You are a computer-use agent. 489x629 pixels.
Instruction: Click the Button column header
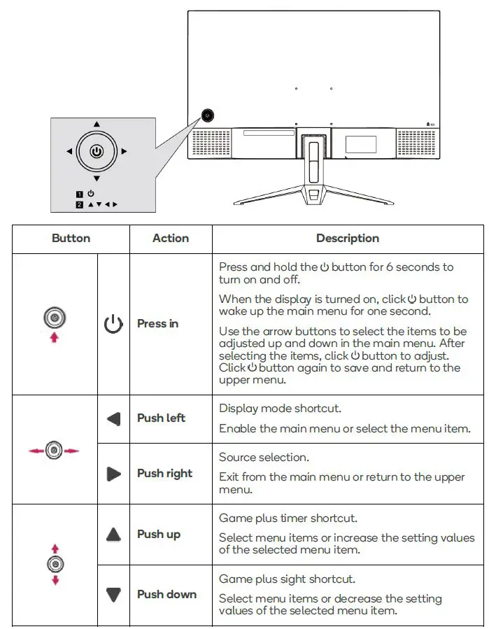tap(71, 239)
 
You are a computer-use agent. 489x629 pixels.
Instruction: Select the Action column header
tap(171, 239)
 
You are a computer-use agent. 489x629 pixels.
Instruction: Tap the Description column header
tap(348, 239)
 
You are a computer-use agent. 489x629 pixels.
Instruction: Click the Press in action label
tap(157, 324)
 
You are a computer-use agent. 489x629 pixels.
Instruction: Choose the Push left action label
tap(161, 418)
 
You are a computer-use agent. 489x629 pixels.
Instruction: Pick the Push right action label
tap(164, 474)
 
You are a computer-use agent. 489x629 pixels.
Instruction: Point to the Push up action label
tap(159, 535)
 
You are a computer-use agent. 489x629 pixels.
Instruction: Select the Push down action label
tap(166, 595)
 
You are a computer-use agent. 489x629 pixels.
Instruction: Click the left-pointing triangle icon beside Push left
tap(113, 419)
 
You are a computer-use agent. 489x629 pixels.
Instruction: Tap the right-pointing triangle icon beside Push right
tap(113, 474)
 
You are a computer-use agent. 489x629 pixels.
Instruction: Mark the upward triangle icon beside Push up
tap(113, 535)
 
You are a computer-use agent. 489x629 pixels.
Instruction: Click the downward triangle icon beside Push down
tap(113, 595)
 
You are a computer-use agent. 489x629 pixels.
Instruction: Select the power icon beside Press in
tap(113, 325)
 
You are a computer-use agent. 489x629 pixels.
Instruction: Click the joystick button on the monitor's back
tap(208, 116)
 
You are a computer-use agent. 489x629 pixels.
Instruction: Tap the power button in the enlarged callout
tap(97, 151)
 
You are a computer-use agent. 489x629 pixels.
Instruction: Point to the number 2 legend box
tap(80, 204)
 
